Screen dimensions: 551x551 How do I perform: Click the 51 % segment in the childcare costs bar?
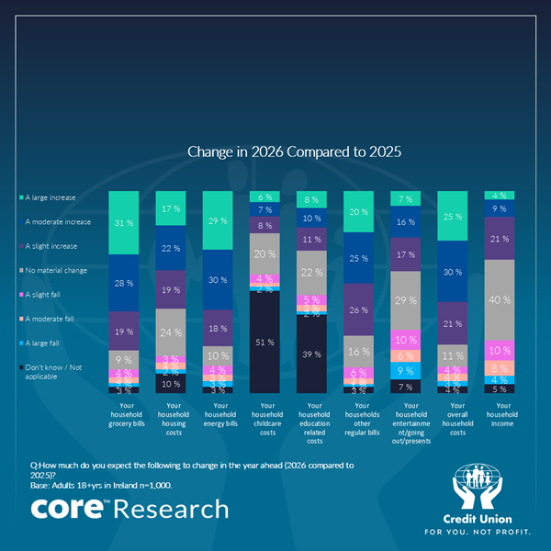coord(264,343)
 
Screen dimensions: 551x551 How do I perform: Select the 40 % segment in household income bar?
coord(500,299)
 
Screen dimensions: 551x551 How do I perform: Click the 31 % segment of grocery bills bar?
coord(124,221)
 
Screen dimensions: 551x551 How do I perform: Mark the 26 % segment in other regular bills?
coord(358,309)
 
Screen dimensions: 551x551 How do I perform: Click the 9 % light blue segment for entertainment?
coord(405,371)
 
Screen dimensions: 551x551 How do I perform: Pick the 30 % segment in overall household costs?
coord(453,272)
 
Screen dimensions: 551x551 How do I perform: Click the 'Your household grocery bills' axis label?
coord(124,414)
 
